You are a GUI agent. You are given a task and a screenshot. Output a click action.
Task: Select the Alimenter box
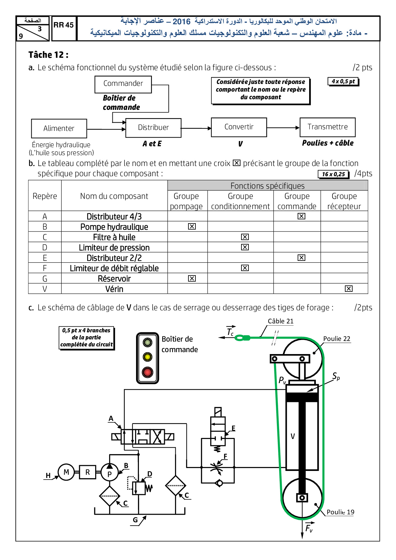coord(59,128)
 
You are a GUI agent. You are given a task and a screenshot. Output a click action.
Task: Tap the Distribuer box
coord(153,128)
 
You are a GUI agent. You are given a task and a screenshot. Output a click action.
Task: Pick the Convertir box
coord(239,127)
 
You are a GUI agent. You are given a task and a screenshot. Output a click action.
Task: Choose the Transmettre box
coord(327,127)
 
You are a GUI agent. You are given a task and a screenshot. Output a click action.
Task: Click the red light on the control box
coord(148,372)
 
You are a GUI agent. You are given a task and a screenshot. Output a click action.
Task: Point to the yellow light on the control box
coord(148,357)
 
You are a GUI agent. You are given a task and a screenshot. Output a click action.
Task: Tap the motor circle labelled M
coord(66,472)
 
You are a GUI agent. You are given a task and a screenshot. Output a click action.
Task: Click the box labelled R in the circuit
coord(88,472)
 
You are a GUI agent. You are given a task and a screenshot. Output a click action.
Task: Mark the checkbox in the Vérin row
coord(349,289)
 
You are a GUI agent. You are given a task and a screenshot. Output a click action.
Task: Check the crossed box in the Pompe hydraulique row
coord(192,226)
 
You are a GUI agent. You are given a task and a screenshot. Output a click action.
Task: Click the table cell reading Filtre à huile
coord(114,237)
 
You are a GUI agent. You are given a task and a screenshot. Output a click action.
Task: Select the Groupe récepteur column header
coord(344,201)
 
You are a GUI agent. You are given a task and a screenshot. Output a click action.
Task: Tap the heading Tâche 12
coord(48,55)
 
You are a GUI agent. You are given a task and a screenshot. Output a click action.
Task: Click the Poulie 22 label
coord(337,339)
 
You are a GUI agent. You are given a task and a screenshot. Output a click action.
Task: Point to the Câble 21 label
coord(280,321)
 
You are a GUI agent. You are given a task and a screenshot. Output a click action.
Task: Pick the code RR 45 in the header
coord(64,25)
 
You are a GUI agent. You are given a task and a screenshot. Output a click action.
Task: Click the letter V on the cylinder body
coord(293,436)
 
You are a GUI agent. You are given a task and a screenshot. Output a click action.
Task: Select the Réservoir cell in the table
coord(114,279)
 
